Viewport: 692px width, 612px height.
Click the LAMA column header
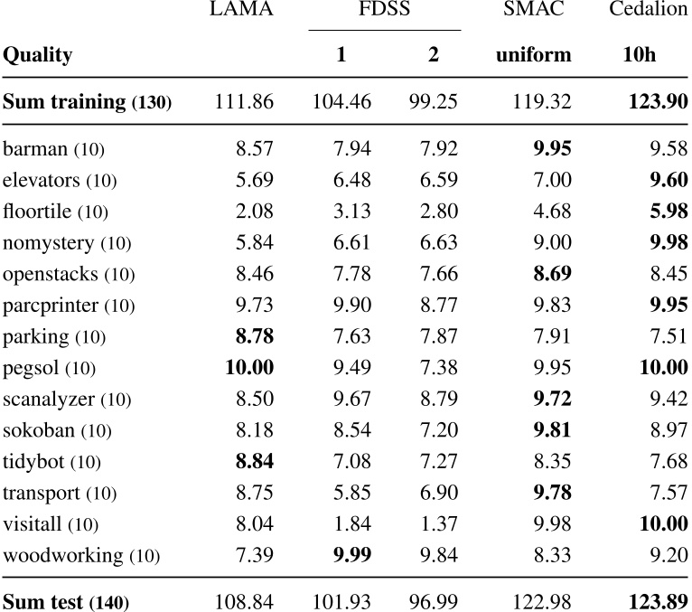(x=241, y=10)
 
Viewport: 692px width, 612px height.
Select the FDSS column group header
(x=385, y=10)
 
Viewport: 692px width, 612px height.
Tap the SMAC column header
(x=533, y=10)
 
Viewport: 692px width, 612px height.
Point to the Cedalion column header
(x=649, y=10)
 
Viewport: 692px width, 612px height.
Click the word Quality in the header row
(x=38, y=55)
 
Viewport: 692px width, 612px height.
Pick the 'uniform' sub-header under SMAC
(x=533, y=55)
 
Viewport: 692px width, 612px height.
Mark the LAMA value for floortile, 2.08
(x=254, y=212)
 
